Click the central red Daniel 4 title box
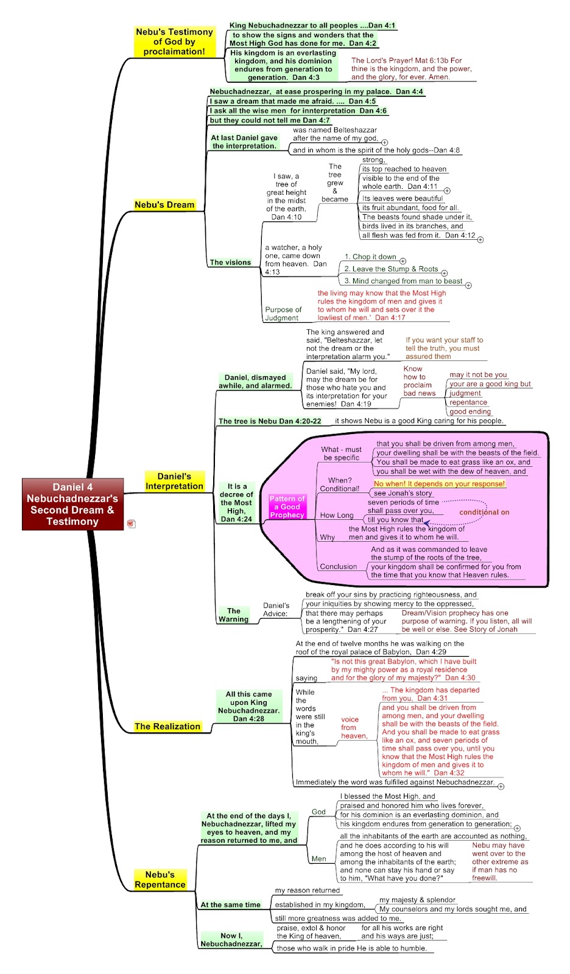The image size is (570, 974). pos(72,504)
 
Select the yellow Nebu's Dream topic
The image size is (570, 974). pos(164,205)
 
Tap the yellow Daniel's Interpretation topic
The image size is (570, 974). pos(174,482)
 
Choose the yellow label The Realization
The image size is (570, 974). pos(167,726)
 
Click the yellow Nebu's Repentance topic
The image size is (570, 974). pos(160,879)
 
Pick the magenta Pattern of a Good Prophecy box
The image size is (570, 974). pos(287,506)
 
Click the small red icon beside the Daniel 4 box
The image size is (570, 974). pos(130,524)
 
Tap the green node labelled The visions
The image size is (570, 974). pos(231,262)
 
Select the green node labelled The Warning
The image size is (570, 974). pos(234,615)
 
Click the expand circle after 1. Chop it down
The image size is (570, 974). pos(403,261)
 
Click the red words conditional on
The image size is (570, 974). pos(484,512)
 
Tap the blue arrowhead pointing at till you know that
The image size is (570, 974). pos(427,523)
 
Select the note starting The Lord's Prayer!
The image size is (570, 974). pos(411,69)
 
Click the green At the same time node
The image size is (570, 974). pos(231,905)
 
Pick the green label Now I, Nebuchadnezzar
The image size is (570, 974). pos(231,940)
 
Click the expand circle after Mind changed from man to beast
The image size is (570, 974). pos(469,286)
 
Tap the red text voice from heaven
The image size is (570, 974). pos(354,727)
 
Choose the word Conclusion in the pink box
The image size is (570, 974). pos(339,567)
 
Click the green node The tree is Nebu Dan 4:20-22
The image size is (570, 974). pos(270,421)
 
